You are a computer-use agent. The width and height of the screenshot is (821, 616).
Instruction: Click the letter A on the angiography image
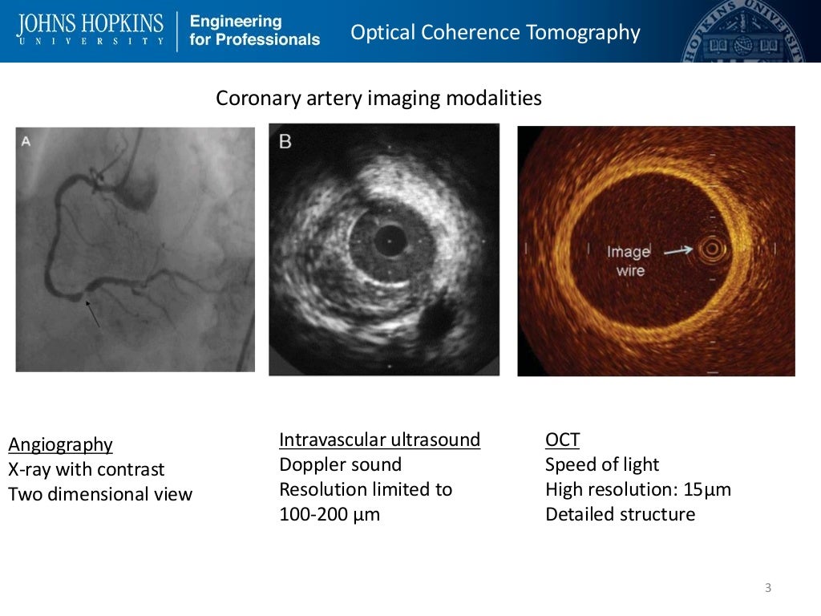pyautogui.click(x=26, y=141)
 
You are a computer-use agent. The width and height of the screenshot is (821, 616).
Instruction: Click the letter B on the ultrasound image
pyautogui.click(x=285, y=142)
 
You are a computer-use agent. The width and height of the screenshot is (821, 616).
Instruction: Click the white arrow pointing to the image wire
pyautogui.click(x=677, y=251)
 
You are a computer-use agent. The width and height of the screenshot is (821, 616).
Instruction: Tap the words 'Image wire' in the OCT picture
pyautogui.click(x=629, y=261)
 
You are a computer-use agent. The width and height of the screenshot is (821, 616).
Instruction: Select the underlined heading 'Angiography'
pyautogui.click(x=60, y=444)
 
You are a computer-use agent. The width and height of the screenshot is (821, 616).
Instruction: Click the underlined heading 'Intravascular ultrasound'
pyautogui.click(x=379, y=440)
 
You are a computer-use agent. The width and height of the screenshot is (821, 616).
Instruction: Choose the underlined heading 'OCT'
pyautogui.click(x=562, y=440)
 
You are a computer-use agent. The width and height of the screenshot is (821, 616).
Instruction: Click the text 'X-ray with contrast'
pyautogui.click(x=86, y=469)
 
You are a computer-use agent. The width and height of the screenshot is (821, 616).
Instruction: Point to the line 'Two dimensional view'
pyautogui.click(x=100, y=494)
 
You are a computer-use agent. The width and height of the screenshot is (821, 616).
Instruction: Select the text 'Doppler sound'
pyautogui.click(x=340, y=464)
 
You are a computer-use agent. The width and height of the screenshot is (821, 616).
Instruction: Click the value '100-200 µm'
pyautogui.click(x=329, y=514)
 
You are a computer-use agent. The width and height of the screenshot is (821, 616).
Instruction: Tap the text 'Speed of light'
pyautogui.click(x=601, y=464)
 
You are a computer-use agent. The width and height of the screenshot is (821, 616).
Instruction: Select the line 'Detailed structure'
pyautogui.click(x=620, y=514)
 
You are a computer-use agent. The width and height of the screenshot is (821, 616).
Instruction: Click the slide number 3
pyautogui.click(x=768, y=589)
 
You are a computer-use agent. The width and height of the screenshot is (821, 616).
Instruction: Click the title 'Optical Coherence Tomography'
pyautogui.click(x=495, y=32)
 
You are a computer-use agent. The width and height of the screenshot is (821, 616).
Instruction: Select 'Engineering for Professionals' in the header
pyautogui.click(x=254, y=30)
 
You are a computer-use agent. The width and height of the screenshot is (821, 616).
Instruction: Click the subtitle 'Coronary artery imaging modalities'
pyautogui.click(x=378, y=99)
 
